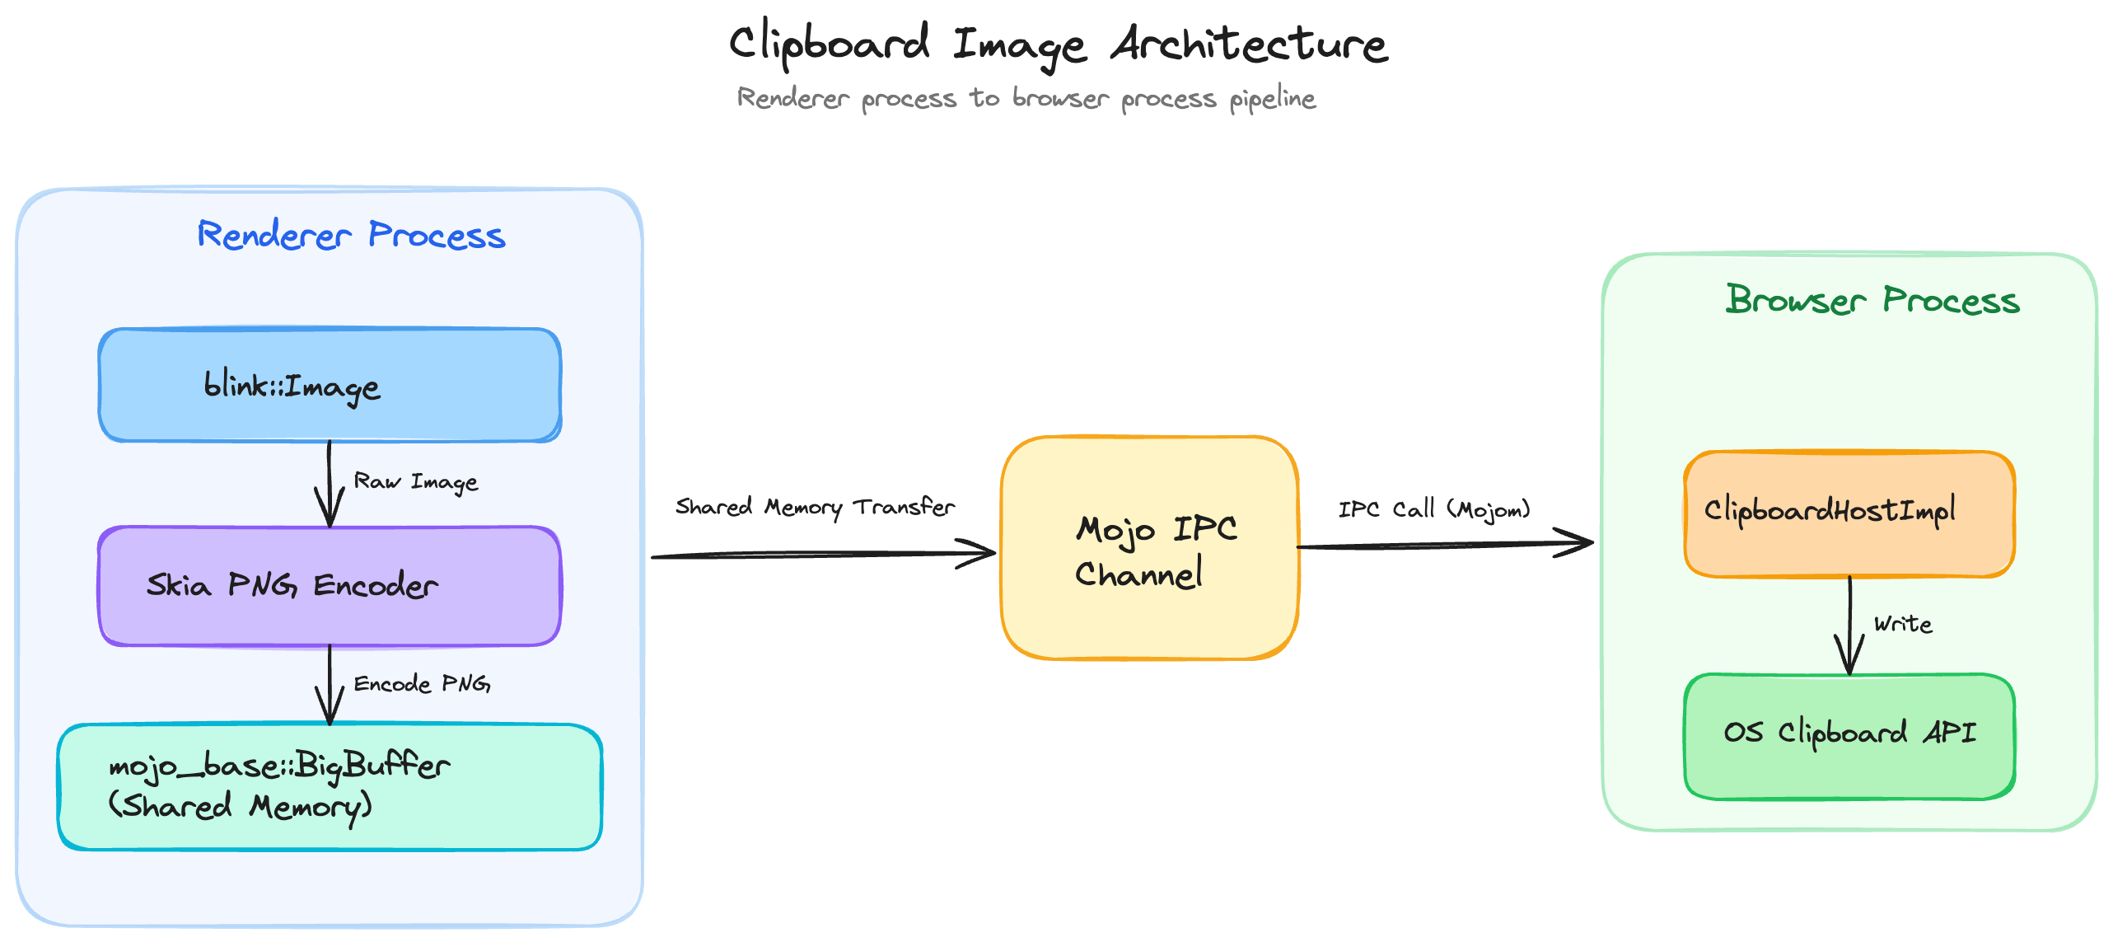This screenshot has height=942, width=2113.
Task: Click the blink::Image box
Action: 330,386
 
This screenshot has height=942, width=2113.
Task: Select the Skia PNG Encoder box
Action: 330,586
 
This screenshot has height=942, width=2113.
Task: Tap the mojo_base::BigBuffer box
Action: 330,787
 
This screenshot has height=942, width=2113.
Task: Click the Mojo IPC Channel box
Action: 1149,548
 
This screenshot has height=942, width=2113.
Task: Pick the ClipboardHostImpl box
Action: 1849,513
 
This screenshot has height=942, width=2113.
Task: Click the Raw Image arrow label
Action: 415,481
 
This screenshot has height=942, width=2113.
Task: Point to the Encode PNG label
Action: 422,684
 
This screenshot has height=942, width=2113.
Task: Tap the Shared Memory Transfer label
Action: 815,507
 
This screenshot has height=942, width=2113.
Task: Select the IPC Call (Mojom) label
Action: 1433,509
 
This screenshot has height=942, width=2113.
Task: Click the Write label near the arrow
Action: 1903,624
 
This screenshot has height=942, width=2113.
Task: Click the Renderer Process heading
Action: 351,236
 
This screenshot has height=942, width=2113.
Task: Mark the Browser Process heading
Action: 1872,301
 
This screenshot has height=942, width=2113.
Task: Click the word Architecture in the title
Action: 1249,45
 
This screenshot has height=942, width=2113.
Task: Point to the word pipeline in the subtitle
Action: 1272,99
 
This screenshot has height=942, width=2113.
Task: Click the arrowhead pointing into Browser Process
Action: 1578,543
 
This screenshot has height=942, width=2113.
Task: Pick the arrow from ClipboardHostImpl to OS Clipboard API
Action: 1849,626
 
